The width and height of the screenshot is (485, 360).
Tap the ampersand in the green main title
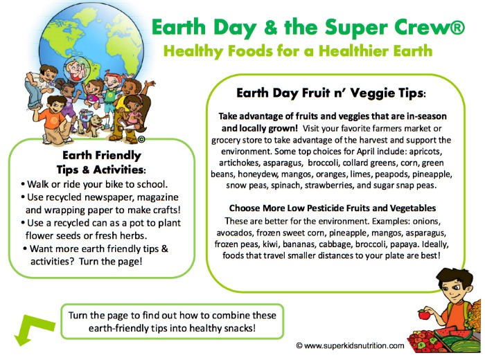pyautogui.click(x=270, y=27)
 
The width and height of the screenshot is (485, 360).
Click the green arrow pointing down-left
pyautogui.click(x=31, y=328)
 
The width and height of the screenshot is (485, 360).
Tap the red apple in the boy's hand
pyautogui.click(x=424, y=314)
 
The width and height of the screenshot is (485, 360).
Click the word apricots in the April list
pyautogui.click(x=425, y=152)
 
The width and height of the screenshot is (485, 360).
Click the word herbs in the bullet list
pyautogui.click(x=135, y=235)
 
